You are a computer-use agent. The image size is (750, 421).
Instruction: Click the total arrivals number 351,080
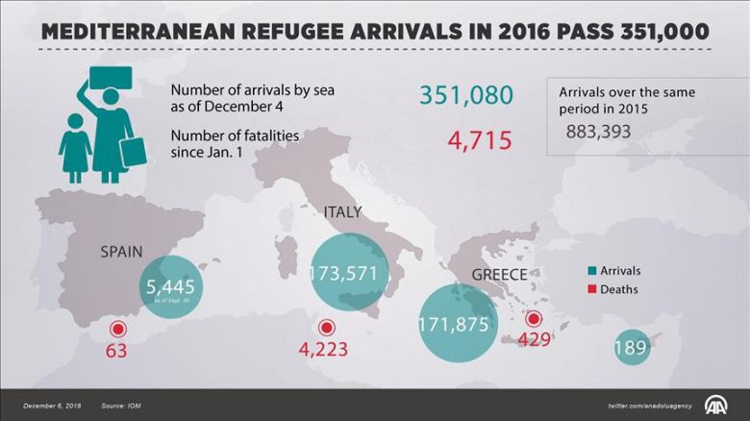pos(466,95)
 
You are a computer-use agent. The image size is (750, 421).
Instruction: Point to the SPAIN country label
pos(121,253)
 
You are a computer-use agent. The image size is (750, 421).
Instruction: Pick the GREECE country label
pos(499,275)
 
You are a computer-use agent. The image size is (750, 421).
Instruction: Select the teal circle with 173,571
pos(349,273)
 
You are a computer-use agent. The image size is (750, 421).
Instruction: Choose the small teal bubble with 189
pos(631,347)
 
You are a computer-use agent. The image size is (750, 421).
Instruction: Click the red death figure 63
pos(116,351)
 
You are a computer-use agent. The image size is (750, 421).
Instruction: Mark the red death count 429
pos(534,339)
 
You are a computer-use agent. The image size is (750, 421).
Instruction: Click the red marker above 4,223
pos(327,328)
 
